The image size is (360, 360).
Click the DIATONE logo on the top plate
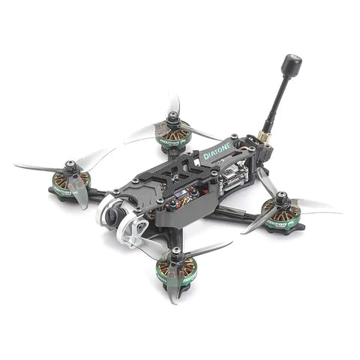219,148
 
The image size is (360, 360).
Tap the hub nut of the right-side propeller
283,199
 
